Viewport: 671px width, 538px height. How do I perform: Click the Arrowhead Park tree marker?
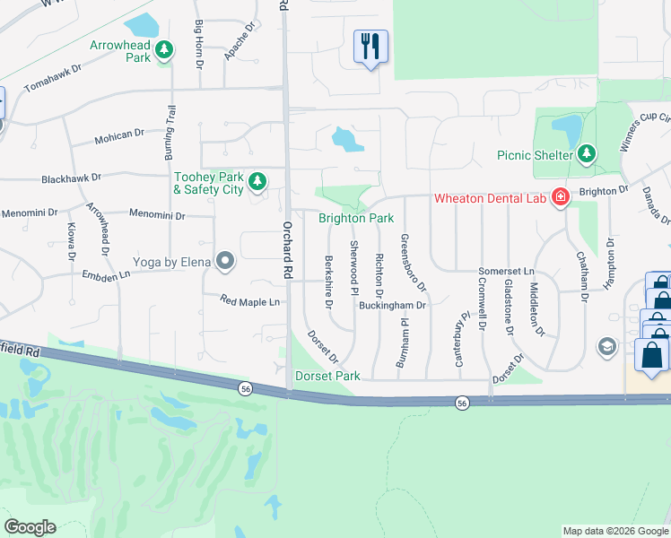(x=163, y=50)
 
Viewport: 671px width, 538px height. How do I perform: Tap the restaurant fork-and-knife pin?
(x=370, y=46)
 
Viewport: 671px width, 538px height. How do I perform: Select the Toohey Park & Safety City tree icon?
(x=257, y=182)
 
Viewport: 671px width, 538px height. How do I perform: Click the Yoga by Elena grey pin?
(x=224, y=262)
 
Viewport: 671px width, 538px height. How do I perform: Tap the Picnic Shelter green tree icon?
(x=587, y=154)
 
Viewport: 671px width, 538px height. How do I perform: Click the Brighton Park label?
(x=356, y=218)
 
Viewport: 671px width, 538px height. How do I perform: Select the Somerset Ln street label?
(x=506, y=271)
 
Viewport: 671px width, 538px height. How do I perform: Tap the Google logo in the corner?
(x=30, y=526)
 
